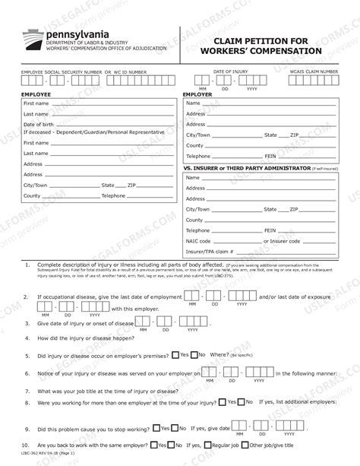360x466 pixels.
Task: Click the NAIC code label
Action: [199, 241]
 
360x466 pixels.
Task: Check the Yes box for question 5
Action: [175, 354]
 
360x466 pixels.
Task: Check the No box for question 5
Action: [194, 354]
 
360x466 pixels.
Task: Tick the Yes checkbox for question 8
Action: [240, 401]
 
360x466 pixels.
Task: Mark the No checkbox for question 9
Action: [175, 427]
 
